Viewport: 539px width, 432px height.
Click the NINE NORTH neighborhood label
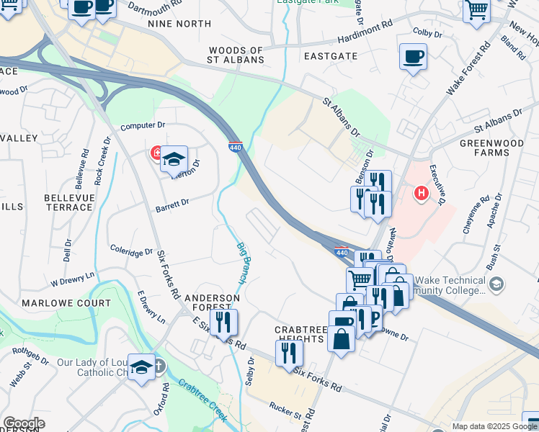coord(179,24)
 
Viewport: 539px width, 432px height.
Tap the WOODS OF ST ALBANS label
coord(236,55)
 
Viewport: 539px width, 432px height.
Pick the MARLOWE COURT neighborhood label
coord(66,303)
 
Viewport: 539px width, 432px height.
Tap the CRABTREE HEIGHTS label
coord(301,334)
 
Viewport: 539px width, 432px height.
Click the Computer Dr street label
coord(138,126)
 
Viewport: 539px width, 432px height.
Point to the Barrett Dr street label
coord(171,205)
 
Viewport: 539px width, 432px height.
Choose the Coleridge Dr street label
coord(131,251)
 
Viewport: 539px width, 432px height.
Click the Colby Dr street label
coord(426,32)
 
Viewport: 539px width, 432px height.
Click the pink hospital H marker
coord(422,193)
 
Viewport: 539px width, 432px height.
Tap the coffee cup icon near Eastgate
coord(413,57)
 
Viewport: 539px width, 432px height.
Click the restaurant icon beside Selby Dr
coord(289,353)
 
